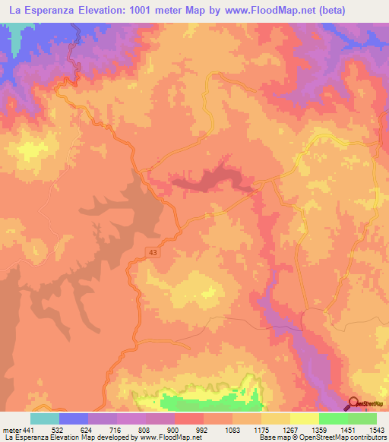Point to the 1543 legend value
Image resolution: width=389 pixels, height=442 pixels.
376,429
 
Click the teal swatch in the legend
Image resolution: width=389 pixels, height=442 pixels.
45,418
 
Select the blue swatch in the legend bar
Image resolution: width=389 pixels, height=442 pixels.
74,418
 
